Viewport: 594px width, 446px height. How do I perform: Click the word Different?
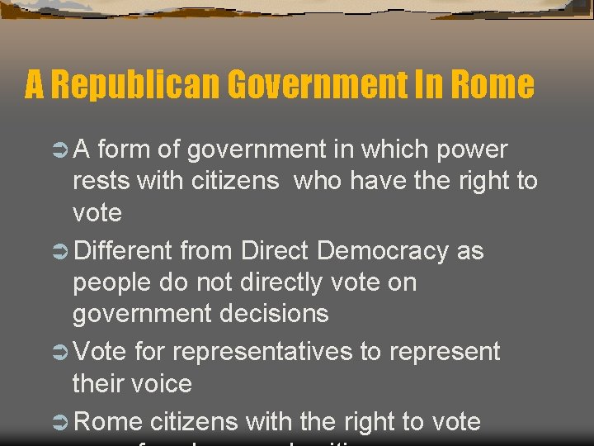tap(123, 250)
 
